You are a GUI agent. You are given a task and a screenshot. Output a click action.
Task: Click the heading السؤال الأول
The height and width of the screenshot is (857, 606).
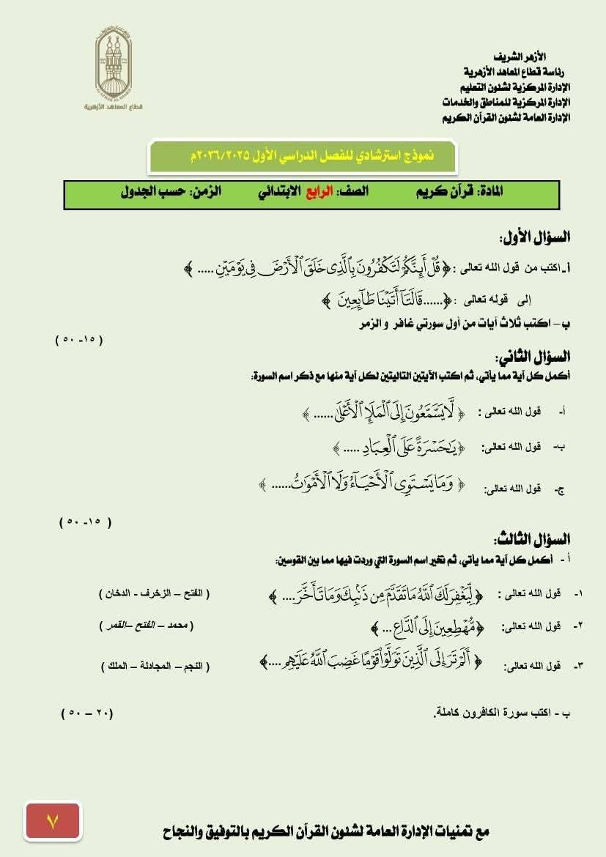click(534, 237)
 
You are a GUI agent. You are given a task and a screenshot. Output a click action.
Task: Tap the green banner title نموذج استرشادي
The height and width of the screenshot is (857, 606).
click(302, 155)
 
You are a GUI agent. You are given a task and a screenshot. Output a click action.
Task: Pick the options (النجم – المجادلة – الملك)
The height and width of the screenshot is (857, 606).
click(155, 666)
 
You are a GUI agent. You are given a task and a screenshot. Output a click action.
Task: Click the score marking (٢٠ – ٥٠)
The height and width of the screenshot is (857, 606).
click(87, 713)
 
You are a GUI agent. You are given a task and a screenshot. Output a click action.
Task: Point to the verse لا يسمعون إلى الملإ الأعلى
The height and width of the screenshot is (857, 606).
click(384, 413)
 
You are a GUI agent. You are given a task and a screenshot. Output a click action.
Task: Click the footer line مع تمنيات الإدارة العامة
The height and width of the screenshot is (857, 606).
click(325, 832)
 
